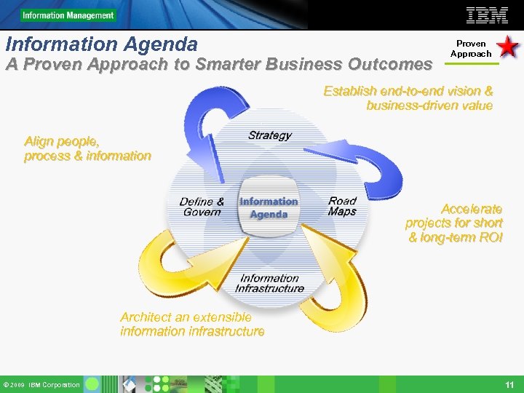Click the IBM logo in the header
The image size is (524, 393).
(x=487, y=15)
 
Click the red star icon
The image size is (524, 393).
(x=507, y=48)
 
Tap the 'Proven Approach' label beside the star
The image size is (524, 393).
(x=471, y=49)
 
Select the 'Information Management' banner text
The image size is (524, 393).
(x=68, y=15)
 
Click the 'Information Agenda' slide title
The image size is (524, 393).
(x=101, y=44)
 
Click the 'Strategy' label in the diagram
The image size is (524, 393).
(x=269, y=135)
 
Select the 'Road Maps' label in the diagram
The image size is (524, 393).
(x=342, y=206)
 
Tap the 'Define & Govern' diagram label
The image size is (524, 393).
(x=202, y=207)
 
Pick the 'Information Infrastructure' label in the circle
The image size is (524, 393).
(x=269, y=283)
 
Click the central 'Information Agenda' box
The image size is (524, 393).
(x=269, y=208)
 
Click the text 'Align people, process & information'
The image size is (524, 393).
(x=87, y=148)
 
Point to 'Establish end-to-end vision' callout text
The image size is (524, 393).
(x=408, y=98)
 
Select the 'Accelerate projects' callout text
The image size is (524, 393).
(x=454, y=223)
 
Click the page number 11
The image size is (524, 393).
(x=509, y=384)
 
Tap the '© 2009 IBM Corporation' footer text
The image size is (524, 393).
(x=41, y=385)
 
